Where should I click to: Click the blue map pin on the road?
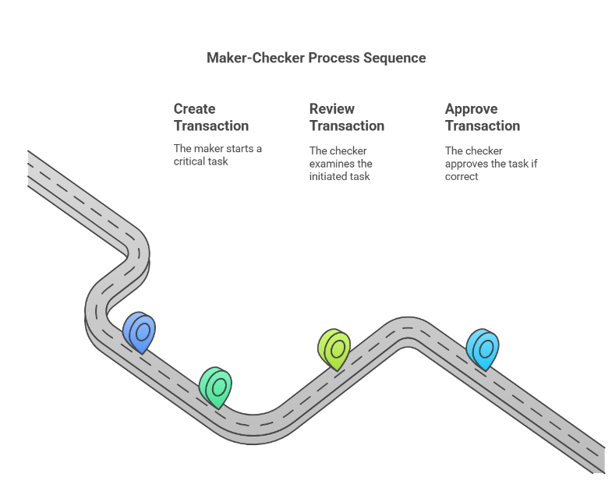[x=140, y=333]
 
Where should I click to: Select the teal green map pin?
[x=215, y=387]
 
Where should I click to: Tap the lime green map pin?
[x=334, y=349]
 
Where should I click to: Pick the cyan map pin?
[x=483, y=349]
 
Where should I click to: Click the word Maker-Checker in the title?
[x=256, y=58]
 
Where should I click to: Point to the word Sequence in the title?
[x=394, y=58]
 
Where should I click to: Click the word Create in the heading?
[x=194, y=108]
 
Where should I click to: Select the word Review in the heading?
[x=332, y=108]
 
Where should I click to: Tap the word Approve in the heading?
[x=472, y=109]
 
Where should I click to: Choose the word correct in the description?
[x=462, y=176]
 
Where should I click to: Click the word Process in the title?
[x=334, y=58]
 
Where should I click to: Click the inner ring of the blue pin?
[x=143, y=332]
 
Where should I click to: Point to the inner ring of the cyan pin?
[x=486, y=348]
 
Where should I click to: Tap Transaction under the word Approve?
[x=483, y=125]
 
